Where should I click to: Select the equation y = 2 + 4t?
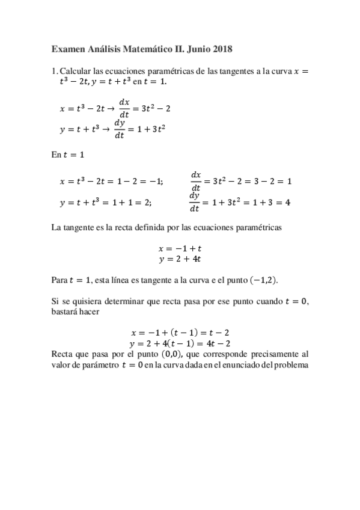pos(180,259)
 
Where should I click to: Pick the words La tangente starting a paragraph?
pos(75,228)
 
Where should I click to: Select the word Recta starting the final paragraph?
pos(64,355)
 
